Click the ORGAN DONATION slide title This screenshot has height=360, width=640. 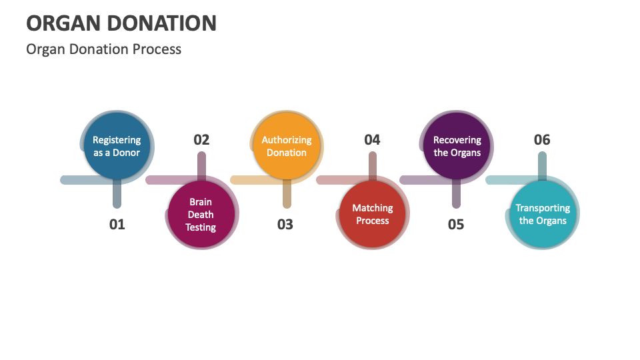click(121, 23)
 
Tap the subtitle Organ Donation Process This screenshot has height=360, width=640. click(103, 49)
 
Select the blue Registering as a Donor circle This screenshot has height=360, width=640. click(117, 146)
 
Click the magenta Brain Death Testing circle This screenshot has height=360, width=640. click(201, 215)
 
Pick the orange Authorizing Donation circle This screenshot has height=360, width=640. click(287, 146)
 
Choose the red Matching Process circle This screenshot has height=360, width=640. click(373, 215)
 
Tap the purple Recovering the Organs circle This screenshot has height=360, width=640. click(457, 146)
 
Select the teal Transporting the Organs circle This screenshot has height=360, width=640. click(543, 215)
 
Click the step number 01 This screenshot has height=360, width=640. click(117, 225)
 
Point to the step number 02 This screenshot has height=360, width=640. click(201, 139)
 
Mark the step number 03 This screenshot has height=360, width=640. click(285, 225)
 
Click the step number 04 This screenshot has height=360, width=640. click(372, 139)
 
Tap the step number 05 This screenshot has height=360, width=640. click(456, 225)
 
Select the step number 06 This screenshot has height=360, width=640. click(542, 139)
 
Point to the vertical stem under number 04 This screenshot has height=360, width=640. click(373, 164)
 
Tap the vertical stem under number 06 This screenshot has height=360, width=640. click(543, 164)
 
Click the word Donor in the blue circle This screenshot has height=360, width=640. click(126, 153)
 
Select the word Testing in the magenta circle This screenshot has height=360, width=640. click(201, 227)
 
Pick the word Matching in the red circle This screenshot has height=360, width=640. click(373, 208)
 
